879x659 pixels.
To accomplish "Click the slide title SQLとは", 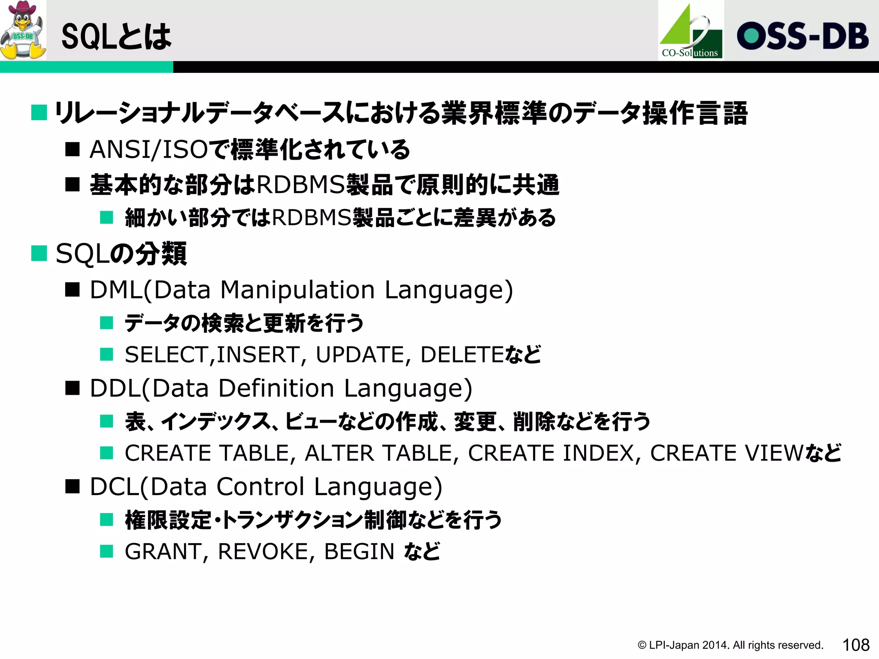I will click(x=116, y=36).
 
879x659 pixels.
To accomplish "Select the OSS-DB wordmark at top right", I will click(x=802, y=36).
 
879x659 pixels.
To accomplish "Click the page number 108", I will click(x=855, y=645).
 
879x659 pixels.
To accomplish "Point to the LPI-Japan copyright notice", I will click(x=730, y=645).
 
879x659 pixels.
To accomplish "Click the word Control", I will click(x=261, y=487).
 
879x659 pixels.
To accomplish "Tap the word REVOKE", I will click(x=264, y=552).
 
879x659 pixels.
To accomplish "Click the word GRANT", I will click(x=164, y=552).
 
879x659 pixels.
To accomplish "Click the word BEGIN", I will click(x=359, y=552).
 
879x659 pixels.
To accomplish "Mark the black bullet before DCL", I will click(x=73, y=487).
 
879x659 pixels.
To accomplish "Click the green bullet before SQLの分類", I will click(x=39, y=253).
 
